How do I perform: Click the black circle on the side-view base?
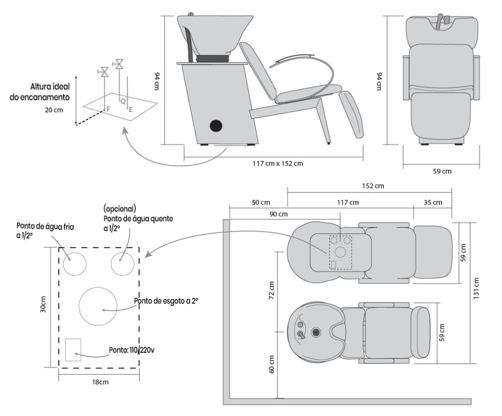215,126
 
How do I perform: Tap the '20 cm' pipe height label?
54,110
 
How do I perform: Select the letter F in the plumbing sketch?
108,107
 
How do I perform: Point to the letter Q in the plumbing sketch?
123,100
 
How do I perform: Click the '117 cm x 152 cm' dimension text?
274,163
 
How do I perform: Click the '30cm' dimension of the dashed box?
43,305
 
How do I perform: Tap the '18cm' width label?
100,382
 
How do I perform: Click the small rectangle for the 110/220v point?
73,349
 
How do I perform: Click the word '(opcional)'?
120,208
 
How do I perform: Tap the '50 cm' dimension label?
260,202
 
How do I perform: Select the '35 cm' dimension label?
433,202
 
